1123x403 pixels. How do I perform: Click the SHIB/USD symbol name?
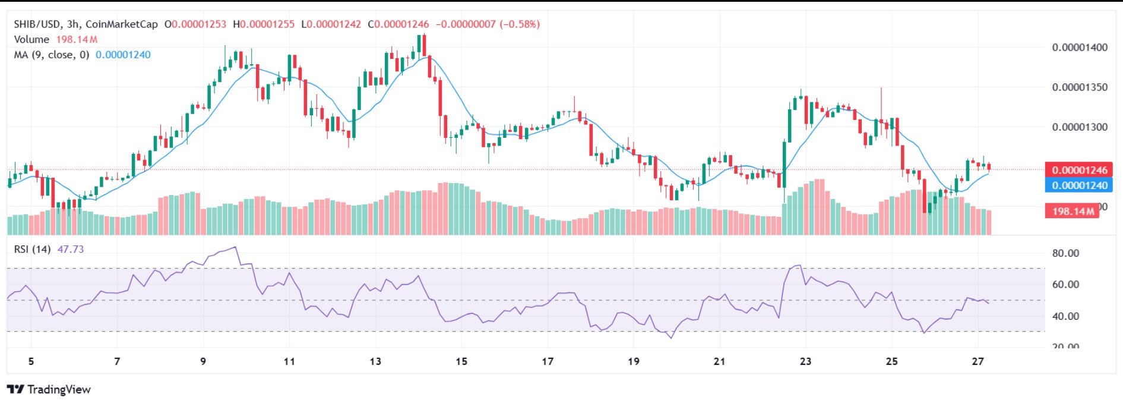[37, 24]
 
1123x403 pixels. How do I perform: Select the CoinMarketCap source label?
[122, 24]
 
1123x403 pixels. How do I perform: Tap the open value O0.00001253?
[195, 24]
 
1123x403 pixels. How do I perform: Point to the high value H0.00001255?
[264, 24]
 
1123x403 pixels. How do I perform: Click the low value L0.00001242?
[331, 24]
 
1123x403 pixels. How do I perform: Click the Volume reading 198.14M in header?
[77, 40]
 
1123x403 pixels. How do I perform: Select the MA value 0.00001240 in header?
[123, 55]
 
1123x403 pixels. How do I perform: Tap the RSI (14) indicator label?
[32, 249]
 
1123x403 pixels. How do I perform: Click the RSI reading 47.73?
[70, 249]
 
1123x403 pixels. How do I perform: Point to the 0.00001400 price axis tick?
[1079, 48]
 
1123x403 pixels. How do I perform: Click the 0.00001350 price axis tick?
[1079, 87]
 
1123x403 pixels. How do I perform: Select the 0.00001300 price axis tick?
[1079, 127]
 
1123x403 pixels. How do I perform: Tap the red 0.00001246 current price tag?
[1079, 171]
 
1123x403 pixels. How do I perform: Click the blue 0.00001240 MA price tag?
[1079, 185]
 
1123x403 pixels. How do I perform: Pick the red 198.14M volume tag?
[1072, 211]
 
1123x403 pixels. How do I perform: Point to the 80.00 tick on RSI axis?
[1065, 253]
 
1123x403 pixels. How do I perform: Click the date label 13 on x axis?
[375, 361]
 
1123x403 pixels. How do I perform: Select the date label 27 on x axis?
[978, 361]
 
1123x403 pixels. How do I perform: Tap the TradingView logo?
[49, 390]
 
